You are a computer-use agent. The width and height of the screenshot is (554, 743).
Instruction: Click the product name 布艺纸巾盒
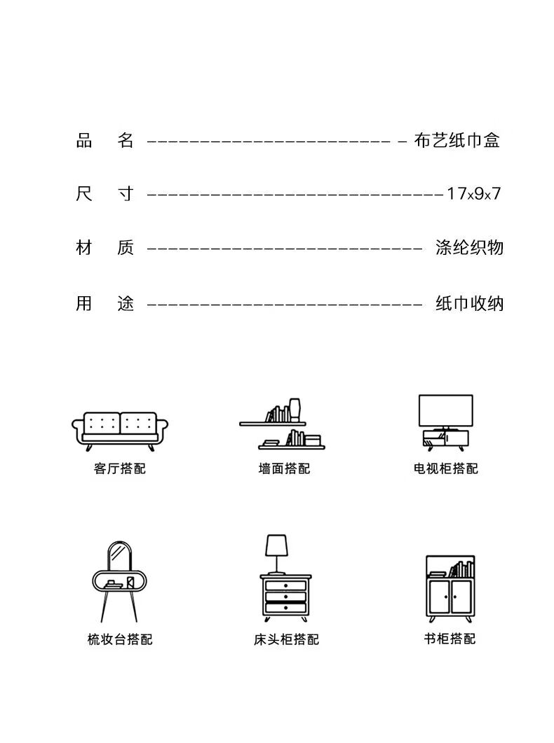click(x=457, y=141)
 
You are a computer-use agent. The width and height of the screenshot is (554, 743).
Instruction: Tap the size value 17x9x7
click(x=474, y=194)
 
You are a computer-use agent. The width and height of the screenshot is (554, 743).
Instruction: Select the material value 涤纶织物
click(x=469, y=247)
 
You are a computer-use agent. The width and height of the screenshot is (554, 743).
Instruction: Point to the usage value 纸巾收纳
click(x=469, y=303)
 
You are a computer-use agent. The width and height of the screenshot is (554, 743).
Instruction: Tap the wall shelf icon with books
click(x=282, y=428)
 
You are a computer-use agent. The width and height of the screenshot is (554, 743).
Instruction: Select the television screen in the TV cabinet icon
click(x=445, y=410)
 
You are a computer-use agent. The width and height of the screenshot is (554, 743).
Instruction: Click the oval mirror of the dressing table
click(x=119, y=557)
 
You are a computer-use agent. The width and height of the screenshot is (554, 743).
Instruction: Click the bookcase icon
click(x=450, y=588)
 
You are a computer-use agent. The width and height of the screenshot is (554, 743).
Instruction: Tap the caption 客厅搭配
click(x=120, y=468)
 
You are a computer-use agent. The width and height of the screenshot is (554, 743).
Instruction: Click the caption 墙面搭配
click(x=284, y=468)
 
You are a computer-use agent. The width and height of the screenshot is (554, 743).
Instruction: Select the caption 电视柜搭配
click(x=446, y=468)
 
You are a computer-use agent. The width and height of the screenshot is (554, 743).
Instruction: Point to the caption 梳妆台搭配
click(x=120, y=639)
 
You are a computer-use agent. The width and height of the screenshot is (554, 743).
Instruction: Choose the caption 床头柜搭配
click(x=286, y=639)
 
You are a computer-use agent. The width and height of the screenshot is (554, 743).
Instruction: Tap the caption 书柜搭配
click(x=450, y=639)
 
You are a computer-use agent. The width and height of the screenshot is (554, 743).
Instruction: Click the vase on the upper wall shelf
click(x=295, y=410)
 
